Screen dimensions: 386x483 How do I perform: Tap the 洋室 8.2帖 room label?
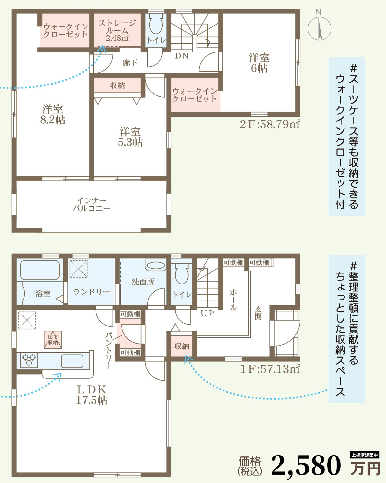53,114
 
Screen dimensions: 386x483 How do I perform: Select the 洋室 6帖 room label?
259,63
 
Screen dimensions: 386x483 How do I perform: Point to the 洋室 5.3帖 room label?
130,137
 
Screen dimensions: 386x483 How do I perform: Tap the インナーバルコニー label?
91,204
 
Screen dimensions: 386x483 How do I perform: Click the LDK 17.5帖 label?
91,395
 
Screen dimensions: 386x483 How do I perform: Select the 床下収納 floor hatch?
53,340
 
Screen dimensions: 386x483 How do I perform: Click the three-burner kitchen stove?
29,360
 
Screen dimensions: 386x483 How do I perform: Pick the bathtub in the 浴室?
40,270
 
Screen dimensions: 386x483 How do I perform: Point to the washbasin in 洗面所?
156,265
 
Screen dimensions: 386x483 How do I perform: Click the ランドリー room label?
91,292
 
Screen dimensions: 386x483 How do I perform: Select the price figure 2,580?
306,466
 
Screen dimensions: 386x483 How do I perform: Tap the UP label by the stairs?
207,313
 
